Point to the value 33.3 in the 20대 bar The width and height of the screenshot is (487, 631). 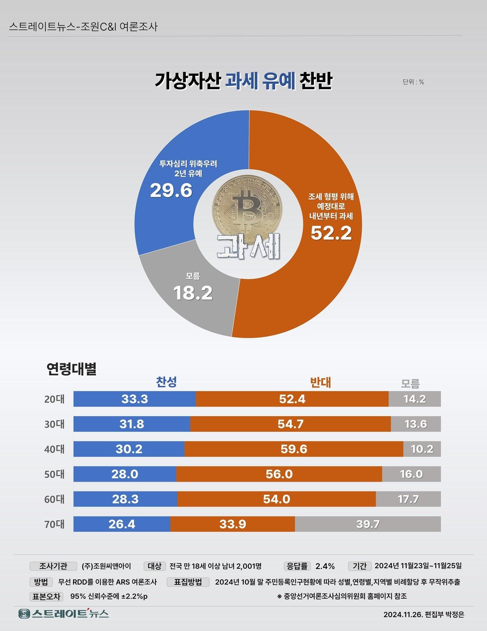click(x=135, y=399)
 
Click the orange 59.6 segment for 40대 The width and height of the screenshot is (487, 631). click(x=294, y=449)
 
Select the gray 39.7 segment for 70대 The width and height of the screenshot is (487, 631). click(x=368, y=524)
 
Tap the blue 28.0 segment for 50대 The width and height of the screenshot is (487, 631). click(x=125, y=474)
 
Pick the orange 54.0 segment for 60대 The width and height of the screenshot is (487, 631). click(x=277, y=499)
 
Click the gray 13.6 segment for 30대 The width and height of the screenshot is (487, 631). click(x=416, y=424)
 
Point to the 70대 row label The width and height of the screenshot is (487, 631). click(x=54, y=524)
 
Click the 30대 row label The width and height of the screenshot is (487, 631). click(x=54, y=424)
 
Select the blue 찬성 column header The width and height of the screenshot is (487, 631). click(x=166, y=382)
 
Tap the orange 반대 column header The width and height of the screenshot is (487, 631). click(x=320, y=382)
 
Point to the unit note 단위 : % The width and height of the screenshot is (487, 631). click(x=413, y=82)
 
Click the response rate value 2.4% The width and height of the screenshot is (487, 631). click(x=325, y=566)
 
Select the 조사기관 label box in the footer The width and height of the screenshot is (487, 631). click(x=53, y=566)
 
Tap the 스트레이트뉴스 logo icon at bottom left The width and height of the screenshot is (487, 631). click(x=24, y=614)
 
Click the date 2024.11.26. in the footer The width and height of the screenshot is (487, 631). click(x=403, y=615)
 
